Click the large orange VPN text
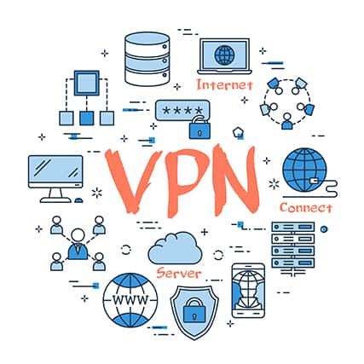[182, 180]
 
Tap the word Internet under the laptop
[224, 85]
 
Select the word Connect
[306, 208]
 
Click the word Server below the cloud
[179, 274]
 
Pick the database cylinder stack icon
[147, 59]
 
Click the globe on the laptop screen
[224, 55]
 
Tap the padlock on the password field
[199, 128]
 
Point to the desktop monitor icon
[55, 179]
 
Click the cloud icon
[175, 249]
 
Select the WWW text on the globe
[130, 299]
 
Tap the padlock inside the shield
[194, 310]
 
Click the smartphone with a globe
[248, 291]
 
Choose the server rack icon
[293, 248]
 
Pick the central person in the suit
[78, 244]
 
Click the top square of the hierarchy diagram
[87, 83]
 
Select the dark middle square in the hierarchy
[87, 118]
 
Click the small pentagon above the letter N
[237, 132]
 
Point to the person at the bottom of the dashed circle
[287, 121]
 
